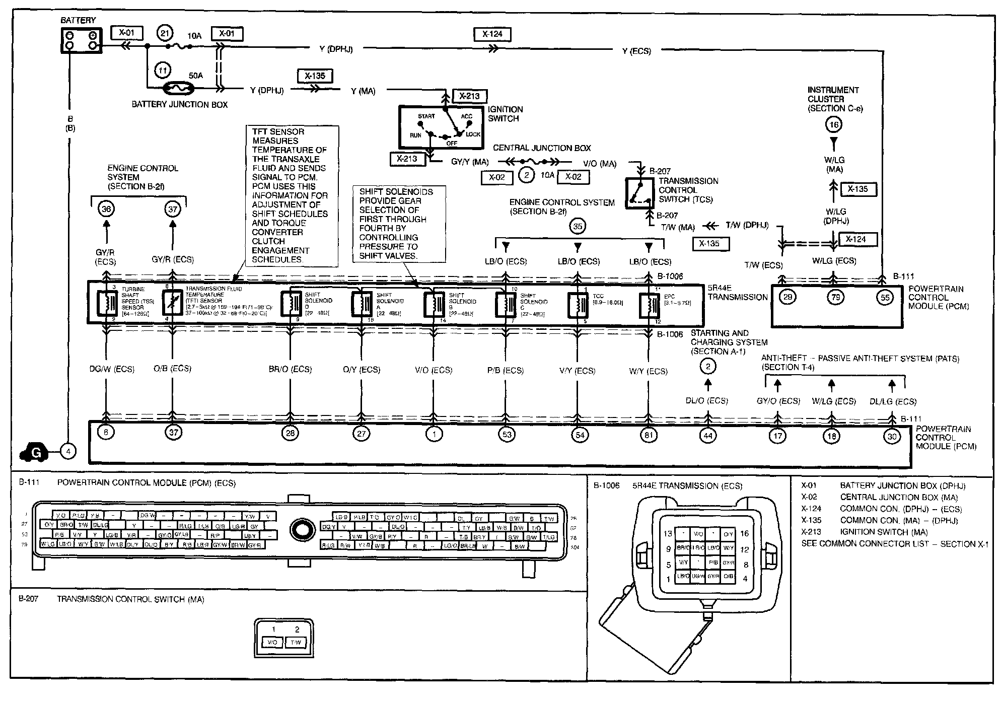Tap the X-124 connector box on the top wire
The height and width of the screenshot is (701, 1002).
[x=492, y=34]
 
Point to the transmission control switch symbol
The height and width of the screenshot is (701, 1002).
[x=639, y=193]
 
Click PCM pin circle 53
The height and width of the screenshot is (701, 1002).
[x=506, y=434]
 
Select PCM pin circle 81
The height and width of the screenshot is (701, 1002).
[x=649, y=434]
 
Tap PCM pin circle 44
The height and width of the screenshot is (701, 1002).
[x=708, y=435]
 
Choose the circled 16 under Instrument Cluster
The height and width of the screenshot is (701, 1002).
[x=834, y=125]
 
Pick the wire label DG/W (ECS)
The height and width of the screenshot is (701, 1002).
[x=111, y=369]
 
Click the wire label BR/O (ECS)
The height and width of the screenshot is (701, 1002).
[x=290, y=369]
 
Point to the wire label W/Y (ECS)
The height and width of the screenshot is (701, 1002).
[x=648, y=371]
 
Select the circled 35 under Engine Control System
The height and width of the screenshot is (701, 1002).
[x=578, y=227]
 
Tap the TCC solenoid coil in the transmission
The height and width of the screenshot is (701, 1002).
[x=577, y=304]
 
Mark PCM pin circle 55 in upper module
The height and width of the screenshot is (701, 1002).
[x=885, y=297]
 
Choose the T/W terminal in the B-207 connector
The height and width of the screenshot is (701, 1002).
[x=296, y=643]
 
